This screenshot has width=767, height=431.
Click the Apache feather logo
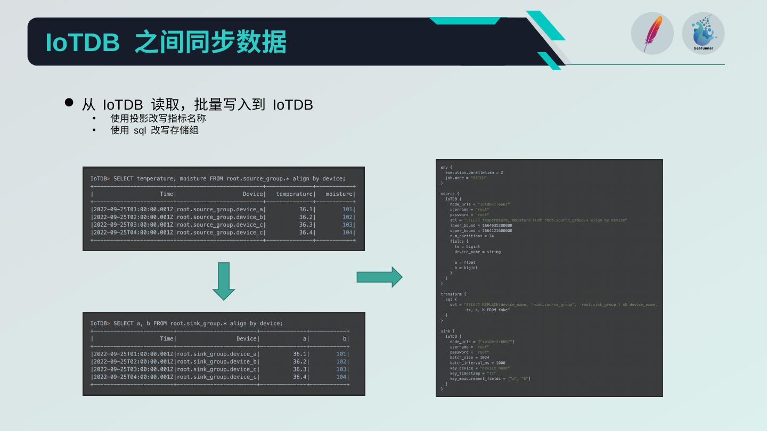[652, 34]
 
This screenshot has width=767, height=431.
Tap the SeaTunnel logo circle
[703, 34]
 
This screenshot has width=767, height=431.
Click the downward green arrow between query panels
[224, 281]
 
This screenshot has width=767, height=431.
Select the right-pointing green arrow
[379, 277]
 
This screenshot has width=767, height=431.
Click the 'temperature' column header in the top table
[295, 194]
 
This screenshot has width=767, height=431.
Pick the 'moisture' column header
[339, 194]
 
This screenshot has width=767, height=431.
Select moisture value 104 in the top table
[347, 233]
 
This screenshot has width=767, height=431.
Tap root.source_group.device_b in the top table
[221, 217]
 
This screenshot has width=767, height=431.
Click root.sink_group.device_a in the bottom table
[217, 354]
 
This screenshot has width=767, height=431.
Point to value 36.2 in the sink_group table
[300, 362]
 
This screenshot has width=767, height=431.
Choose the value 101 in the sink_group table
[341, 354]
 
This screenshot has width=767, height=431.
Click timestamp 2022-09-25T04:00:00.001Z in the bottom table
[133, 377]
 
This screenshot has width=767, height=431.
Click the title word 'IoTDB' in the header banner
[83, 42]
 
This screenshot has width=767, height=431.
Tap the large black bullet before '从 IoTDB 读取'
[69, 102]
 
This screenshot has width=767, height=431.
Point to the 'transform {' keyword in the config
[453, 294]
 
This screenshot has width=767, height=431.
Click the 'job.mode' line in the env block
[466, 178]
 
